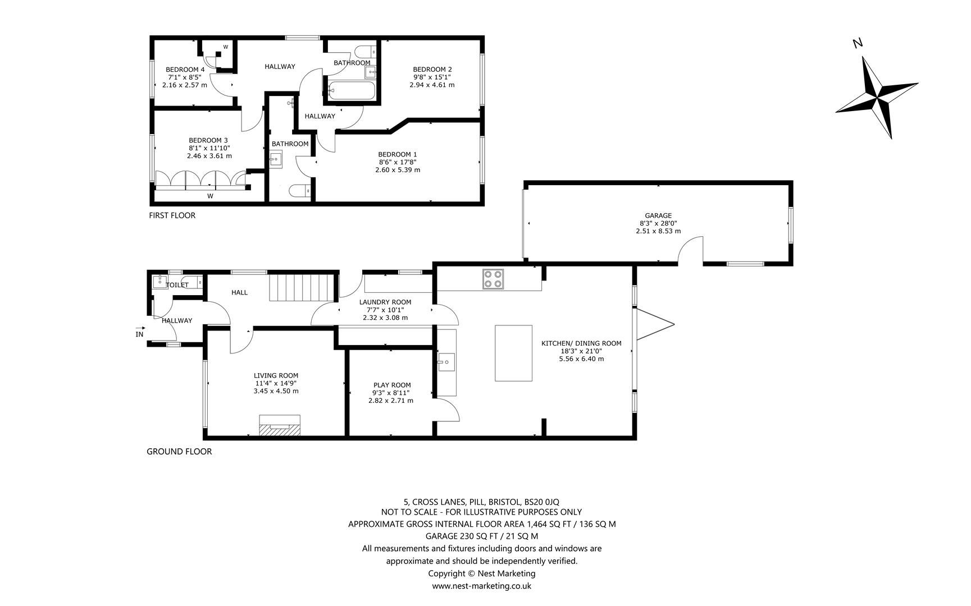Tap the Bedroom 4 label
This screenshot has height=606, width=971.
(185, 70)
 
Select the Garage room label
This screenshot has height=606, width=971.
(658, 215)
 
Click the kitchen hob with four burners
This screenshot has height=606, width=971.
(493, 279)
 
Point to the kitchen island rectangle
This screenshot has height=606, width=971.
(513, 353)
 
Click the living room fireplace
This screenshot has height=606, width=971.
(279, 425)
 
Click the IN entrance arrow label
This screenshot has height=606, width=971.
(140, 334)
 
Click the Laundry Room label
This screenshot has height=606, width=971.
(385, 302)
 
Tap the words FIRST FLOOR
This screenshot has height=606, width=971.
(172, 215)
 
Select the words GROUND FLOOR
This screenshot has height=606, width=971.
(179, 451)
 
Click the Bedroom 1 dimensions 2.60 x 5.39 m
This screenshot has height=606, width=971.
(398, 169)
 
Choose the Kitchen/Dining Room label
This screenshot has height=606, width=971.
(581, 343)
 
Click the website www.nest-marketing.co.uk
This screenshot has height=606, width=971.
(481, 586)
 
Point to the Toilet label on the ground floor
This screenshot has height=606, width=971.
(177, 285)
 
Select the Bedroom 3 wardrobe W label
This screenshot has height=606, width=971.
(210, 196)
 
